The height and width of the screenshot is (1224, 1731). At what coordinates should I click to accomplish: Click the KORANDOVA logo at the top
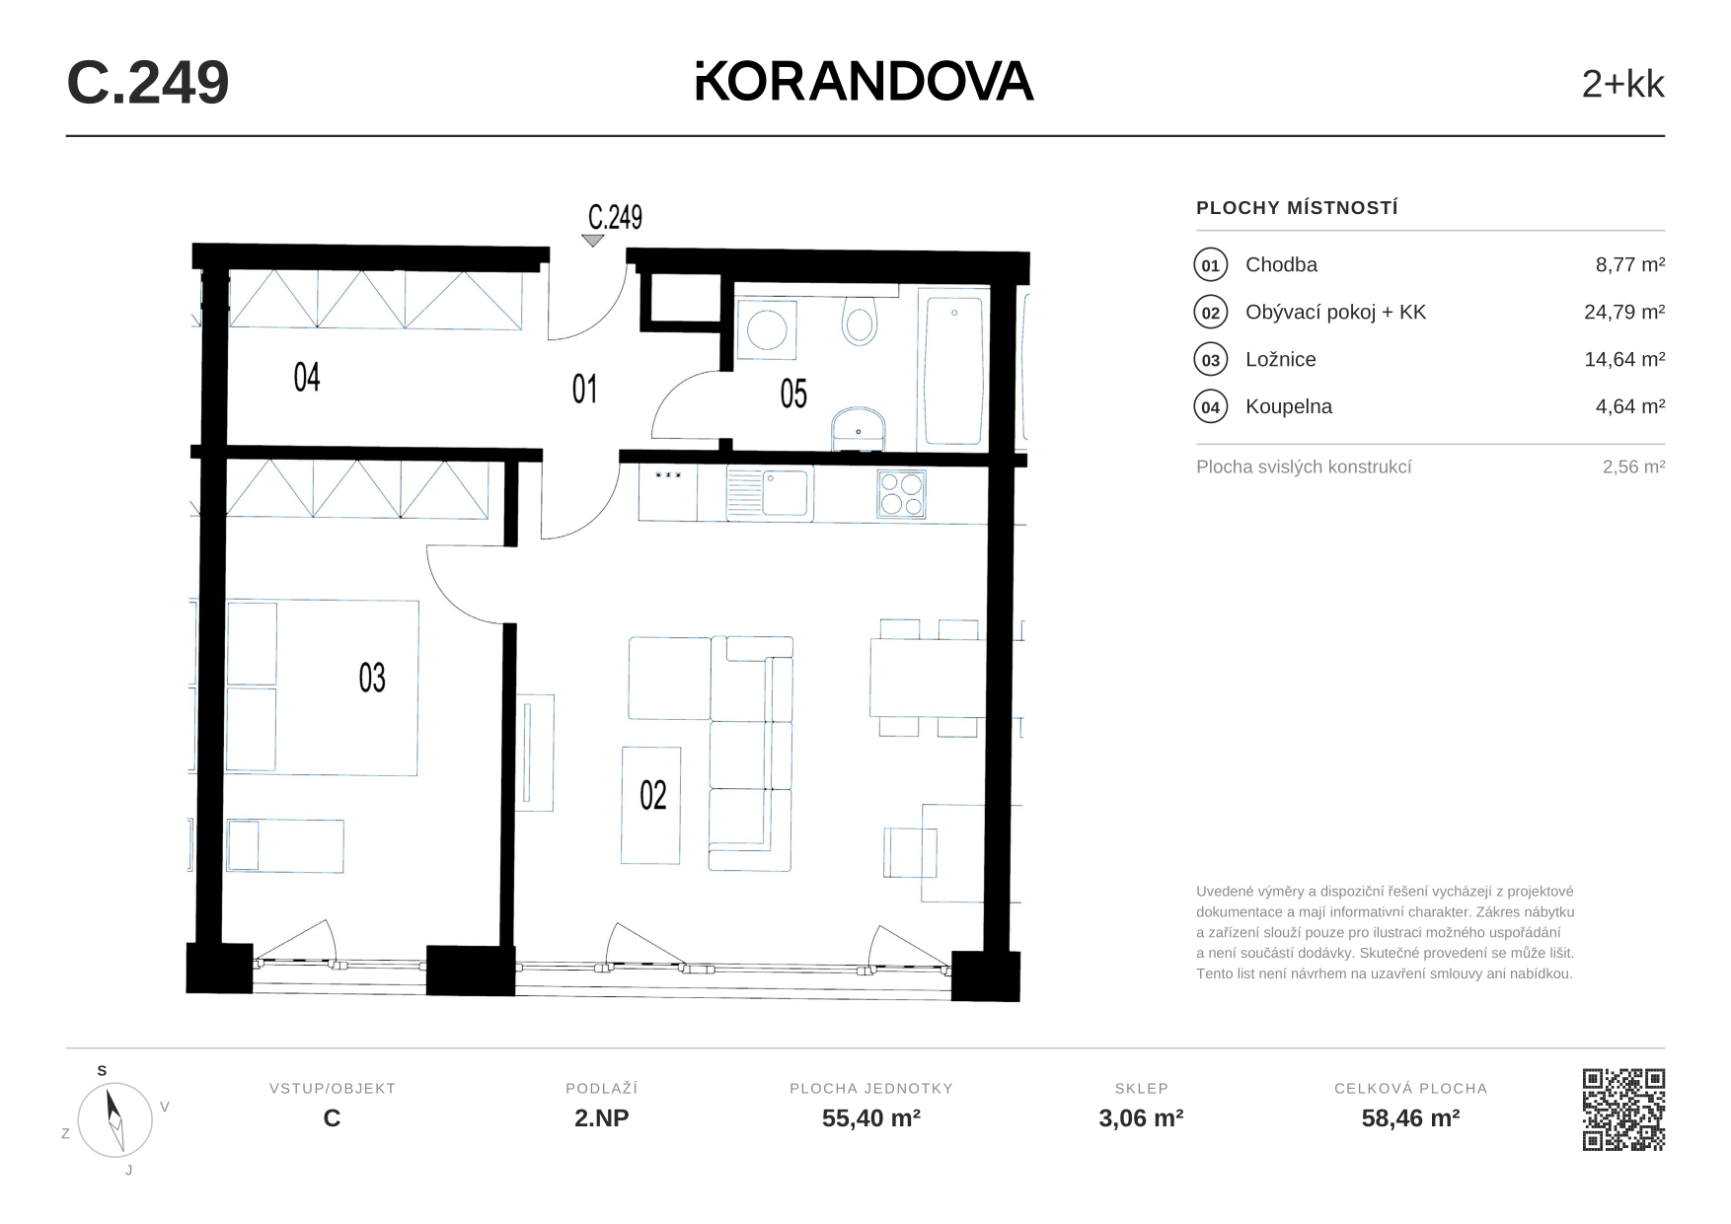pos(865,81)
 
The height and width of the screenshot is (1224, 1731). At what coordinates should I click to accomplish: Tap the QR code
pos(1623,1110)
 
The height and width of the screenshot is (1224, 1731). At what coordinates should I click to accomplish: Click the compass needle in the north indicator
pos(114,1119)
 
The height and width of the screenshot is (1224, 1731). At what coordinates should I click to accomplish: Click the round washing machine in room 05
pos(767,329)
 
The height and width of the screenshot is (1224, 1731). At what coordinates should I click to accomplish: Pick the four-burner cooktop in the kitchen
pos(902,494)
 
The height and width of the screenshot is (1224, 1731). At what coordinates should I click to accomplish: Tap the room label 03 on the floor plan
pos(372,678)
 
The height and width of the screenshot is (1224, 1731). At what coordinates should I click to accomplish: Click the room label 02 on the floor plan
pos(653,795)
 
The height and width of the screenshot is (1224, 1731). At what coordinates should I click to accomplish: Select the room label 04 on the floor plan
pos(307,377)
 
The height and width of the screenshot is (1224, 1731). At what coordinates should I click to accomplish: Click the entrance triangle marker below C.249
pos(593,241)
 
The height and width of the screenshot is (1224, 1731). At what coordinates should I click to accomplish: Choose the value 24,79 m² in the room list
pos(1624,312)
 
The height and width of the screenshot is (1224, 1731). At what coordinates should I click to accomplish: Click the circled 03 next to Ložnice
pos(1211,360)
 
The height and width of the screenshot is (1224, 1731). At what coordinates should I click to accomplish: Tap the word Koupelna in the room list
pos(1289,406)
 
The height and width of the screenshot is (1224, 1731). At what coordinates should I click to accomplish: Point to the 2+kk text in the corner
pos(1623,84)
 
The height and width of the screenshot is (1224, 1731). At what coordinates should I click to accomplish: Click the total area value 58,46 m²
pos(1411,1117)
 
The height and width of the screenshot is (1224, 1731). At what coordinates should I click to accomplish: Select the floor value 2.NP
pos(602,1117)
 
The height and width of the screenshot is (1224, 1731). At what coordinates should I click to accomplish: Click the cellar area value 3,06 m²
pos(1142,1117)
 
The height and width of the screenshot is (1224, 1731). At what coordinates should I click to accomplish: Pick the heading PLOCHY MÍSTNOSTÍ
pos(1298,208)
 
